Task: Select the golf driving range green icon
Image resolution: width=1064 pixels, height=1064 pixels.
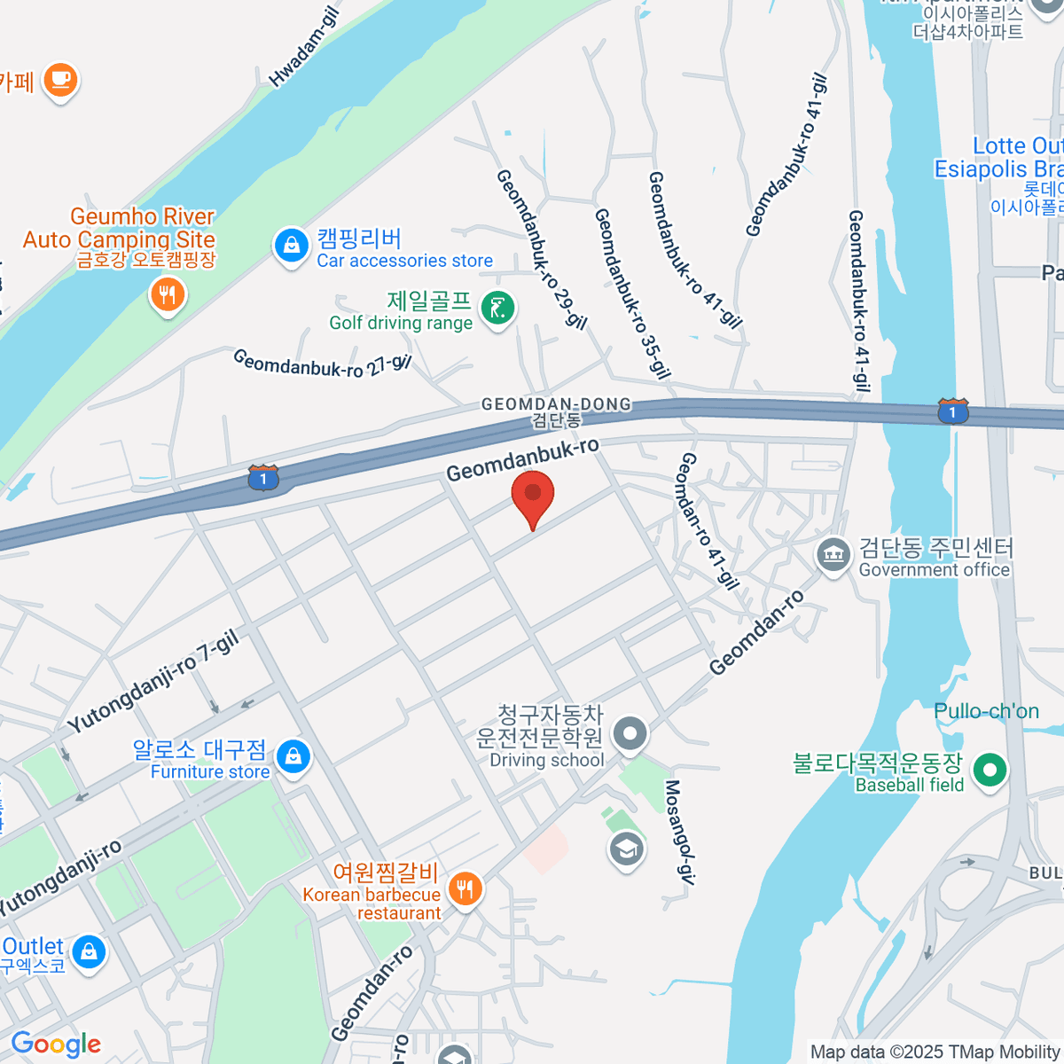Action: (498, 309)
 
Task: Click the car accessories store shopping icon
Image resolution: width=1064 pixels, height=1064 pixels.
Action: (291, 246)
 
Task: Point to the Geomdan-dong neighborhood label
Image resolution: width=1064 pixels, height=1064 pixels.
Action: (556, 411)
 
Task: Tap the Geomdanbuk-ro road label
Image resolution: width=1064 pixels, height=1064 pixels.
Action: (522, 459)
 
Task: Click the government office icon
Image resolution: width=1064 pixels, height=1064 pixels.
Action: (833, 556)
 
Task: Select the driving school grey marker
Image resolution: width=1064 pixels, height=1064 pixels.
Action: (630, 734)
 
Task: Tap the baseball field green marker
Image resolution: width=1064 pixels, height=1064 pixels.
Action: (990, 770)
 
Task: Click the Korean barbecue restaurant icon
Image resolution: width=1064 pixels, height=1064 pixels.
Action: (465, 888)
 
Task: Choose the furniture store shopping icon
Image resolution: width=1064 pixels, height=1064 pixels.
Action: (293, 757)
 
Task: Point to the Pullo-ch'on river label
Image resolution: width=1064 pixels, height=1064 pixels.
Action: (986, 711)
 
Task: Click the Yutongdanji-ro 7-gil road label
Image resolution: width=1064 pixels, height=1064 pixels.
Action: (153, 682)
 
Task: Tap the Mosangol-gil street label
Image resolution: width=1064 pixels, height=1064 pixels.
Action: (678, 833)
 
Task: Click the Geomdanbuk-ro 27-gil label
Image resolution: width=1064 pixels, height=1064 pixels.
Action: (322, 364)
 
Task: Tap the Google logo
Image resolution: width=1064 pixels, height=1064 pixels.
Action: (56, 1044)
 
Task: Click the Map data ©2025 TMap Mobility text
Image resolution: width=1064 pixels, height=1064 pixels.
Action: (935, 1052)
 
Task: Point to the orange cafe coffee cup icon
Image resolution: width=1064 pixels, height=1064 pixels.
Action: (60, 80)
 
